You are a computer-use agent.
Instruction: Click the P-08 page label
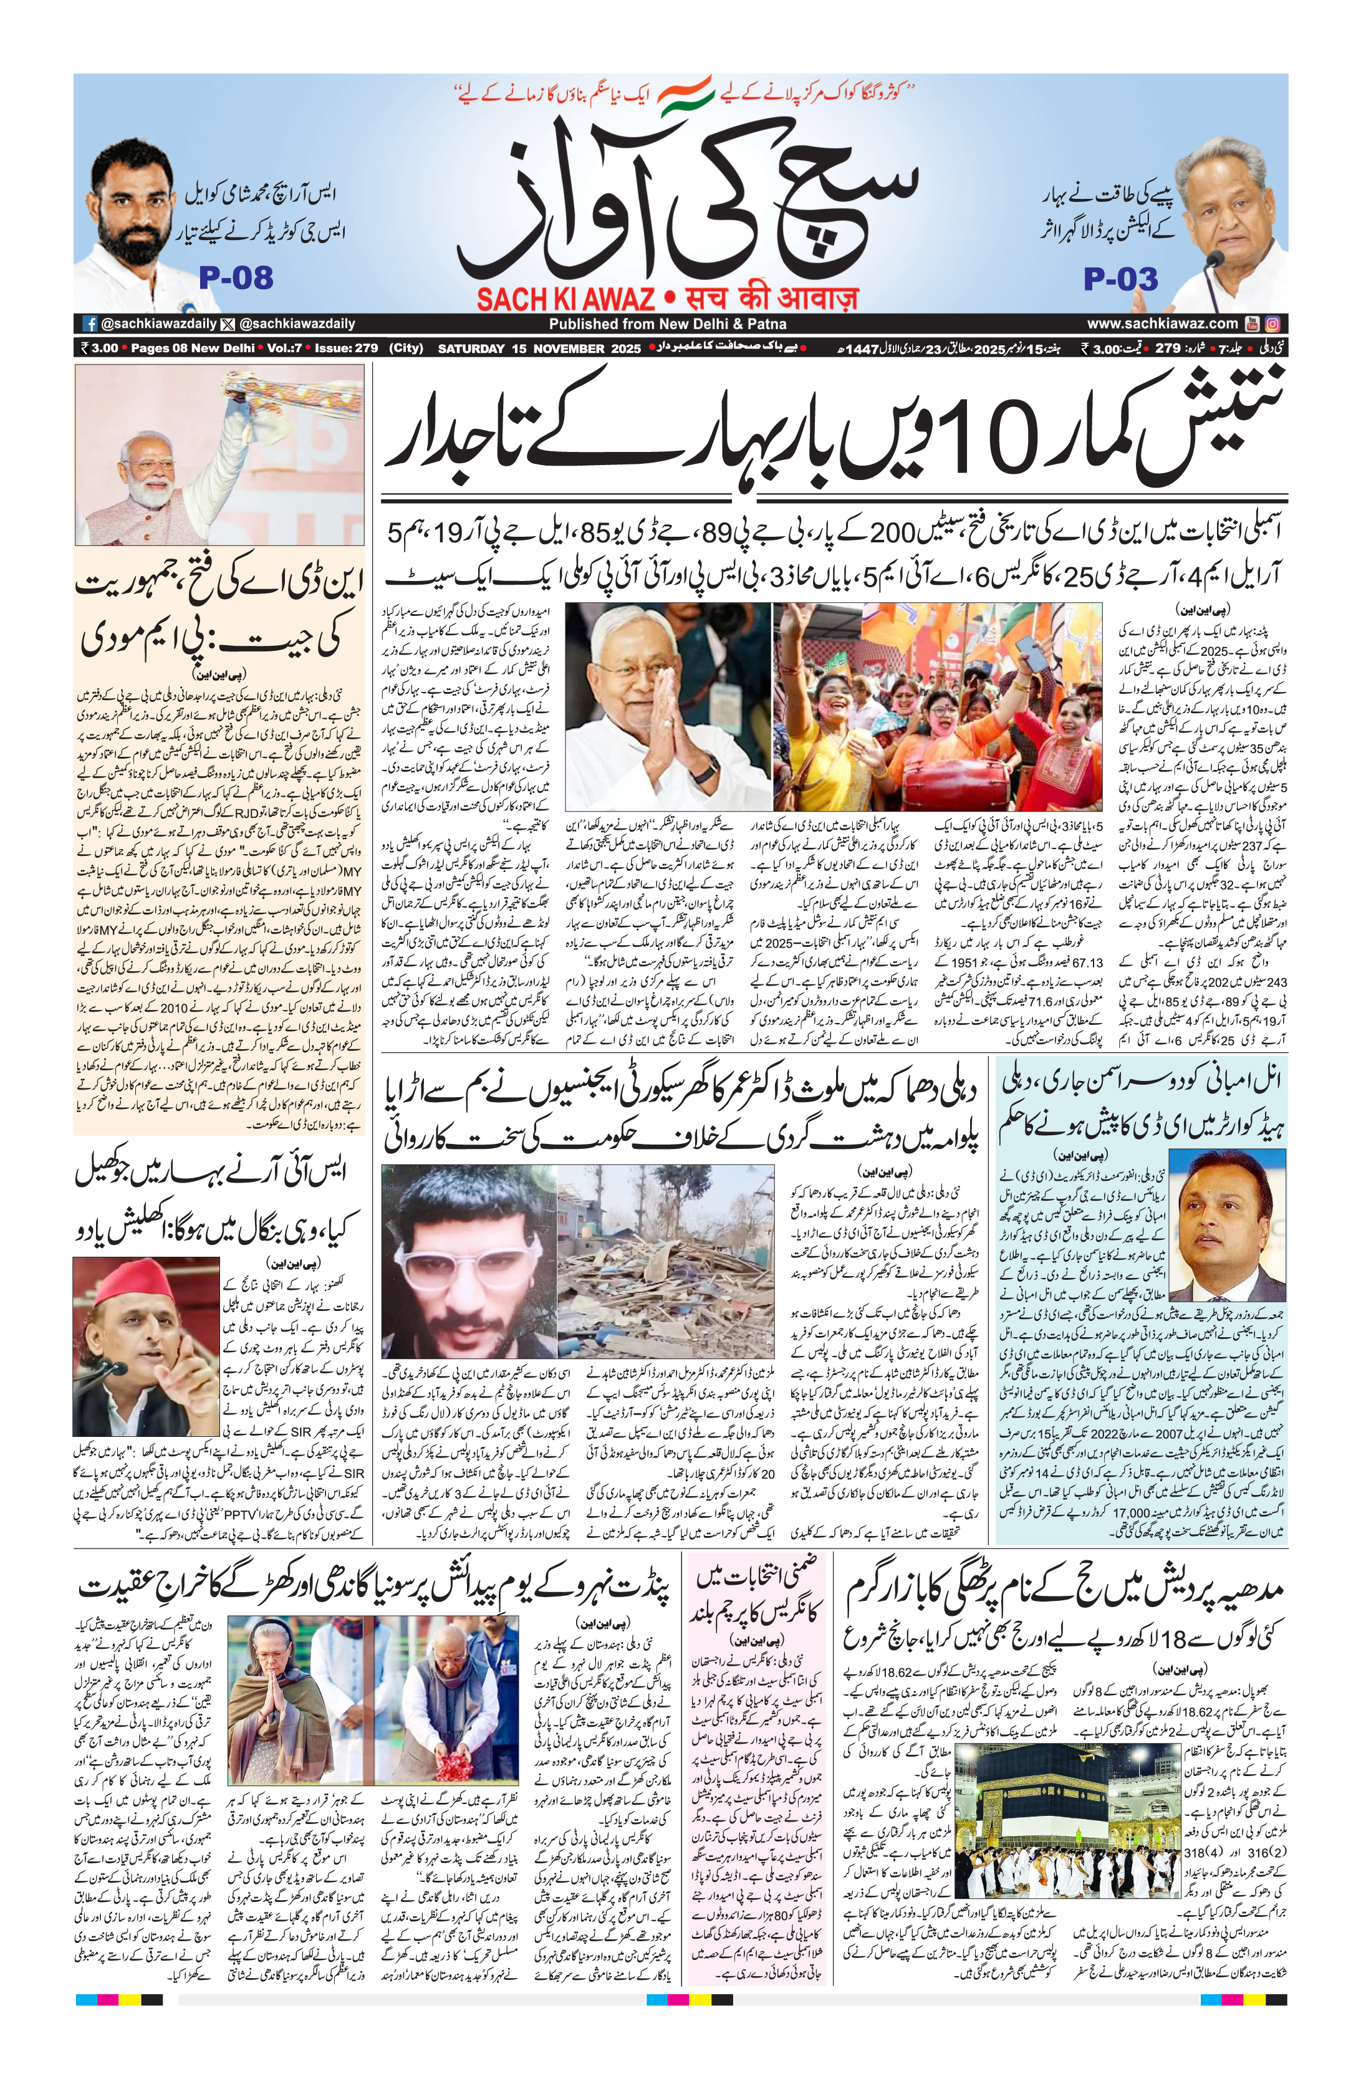point(236,278)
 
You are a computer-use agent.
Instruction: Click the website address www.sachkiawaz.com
point(1162,323)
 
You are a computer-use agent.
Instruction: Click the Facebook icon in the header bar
point(89,323)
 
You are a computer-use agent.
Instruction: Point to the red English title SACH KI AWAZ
point(565,299)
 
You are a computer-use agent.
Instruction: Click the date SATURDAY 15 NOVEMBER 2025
point(539,348)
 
